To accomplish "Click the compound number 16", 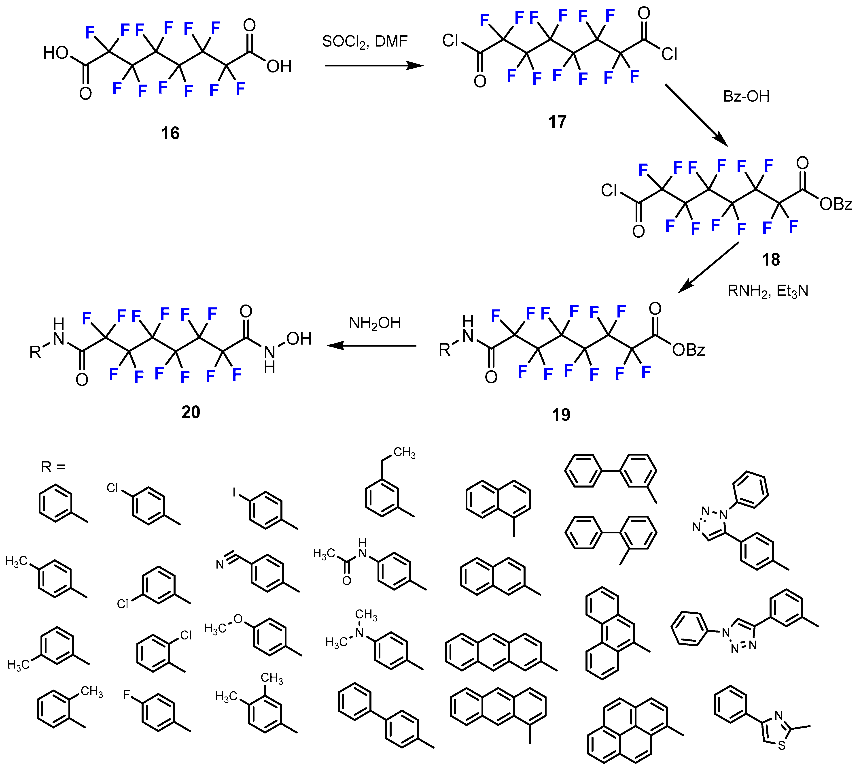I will pyautogui.click(x=170, y=134).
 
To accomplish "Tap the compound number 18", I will pyautogui.click(x=771, y=260).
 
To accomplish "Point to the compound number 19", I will pyautogui.click(x=561, y=415).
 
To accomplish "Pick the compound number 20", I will pyautogui.click(x=191, y=412).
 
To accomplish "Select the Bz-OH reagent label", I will pyautogui.click(x=746, y=96).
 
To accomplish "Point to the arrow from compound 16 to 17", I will pyautogui.click(x=374, y=66).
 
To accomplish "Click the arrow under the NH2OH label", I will pyautogui.click(x=372, y=346).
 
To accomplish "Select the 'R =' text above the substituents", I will pyautogui.click(x=53, y=467).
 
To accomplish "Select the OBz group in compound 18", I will pyautogui.click(x=836, y=204).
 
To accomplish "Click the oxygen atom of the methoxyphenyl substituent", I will pyautogui.click(x=238, y=619).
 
